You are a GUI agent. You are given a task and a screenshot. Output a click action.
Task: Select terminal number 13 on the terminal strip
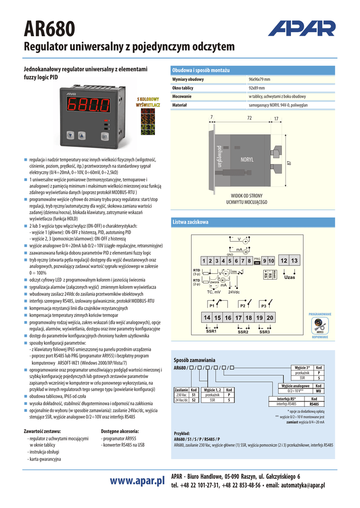click(x=294, y=261)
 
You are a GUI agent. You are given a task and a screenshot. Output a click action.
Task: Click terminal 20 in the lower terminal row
click(x=269, y=317)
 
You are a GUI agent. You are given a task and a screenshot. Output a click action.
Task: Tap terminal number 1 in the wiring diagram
click(x=204, y=261)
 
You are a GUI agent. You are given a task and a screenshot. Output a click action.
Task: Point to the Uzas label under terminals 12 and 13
click(x=289, y=277)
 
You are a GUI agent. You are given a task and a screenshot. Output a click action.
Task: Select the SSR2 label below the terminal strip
click(x=243, y=332)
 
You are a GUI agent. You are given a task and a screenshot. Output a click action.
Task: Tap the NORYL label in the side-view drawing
click(x=247, y=160)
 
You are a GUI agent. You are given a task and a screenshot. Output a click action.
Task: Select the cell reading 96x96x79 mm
click(x=259, y=79)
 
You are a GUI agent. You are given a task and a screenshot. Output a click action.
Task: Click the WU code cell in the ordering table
click(x=318, y=391)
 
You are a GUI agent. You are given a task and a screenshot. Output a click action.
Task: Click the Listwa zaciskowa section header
click(x=190, y=222)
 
